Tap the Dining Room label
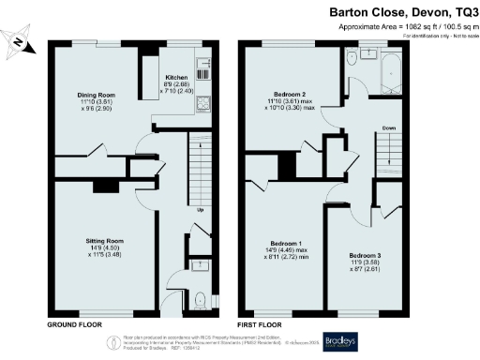96,95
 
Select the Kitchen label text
178,78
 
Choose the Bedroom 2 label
287,97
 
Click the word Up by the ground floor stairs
199,210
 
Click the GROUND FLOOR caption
73,323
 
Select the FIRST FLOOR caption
260,323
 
